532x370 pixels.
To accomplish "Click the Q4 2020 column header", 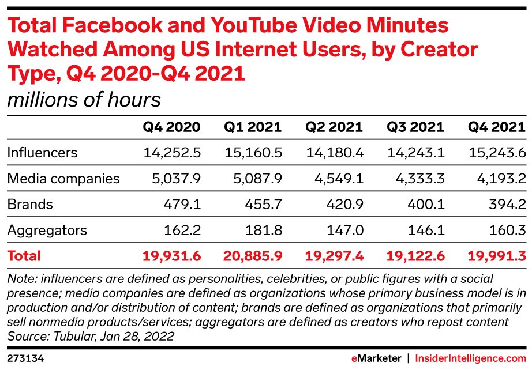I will (172, 127).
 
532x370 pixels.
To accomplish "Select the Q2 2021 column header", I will (334, 127).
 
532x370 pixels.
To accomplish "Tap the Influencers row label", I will (42, 153).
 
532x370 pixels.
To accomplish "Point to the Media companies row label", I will (63, 179).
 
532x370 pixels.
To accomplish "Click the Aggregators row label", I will (47, 231).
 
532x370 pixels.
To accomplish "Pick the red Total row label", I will (24, 256).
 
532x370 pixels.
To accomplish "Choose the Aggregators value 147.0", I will (347, 231).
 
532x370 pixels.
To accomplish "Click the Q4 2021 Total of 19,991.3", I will (497, 256).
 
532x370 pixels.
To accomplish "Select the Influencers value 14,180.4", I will (334, 153).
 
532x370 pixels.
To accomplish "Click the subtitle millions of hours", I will (84, 100).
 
